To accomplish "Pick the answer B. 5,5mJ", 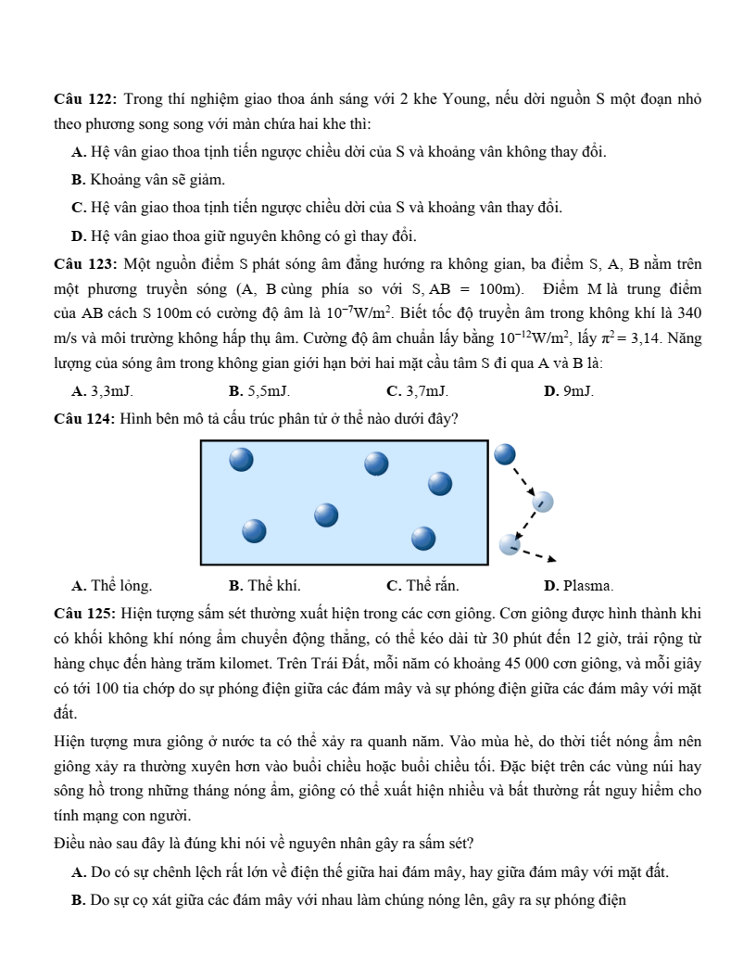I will (258, 393).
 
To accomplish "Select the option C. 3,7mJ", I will (416, 393).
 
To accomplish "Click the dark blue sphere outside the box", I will (505, 454).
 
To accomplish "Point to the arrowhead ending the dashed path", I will (552, 558).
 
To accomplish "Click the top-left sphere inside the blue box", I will (242, 459).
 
